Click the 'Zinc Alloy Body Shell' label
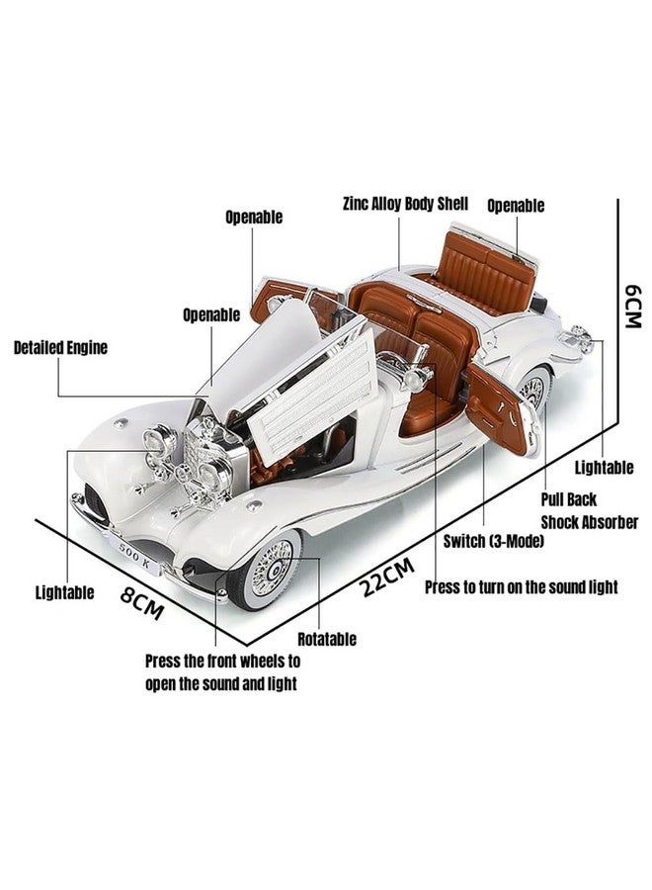click(x=405, y=204)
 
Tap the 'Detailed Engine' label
click(x=60, y=347)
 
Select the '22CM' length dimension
click(x=388, y=577)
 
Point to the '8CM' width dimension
click(x=142, y=603)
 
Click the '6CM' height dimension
click(x=632, y=306)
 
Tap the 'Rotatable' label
click(x=327, y=639)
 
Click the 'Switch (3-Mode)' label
click(x=493, y=541)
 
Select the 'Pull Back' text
click(x=568, y=499)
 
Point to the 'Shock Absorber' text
click(x=589, y=522)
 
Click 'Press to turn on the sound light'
click(x=521, y=586)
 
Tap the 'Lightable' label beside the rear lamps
click(x=604, y=468)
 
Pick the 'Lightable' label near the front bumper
click(x=64, y=592)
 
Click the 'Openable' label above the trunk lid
click(x=516, y=206)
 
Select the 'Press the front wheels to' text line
click(x=223, y=662)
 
